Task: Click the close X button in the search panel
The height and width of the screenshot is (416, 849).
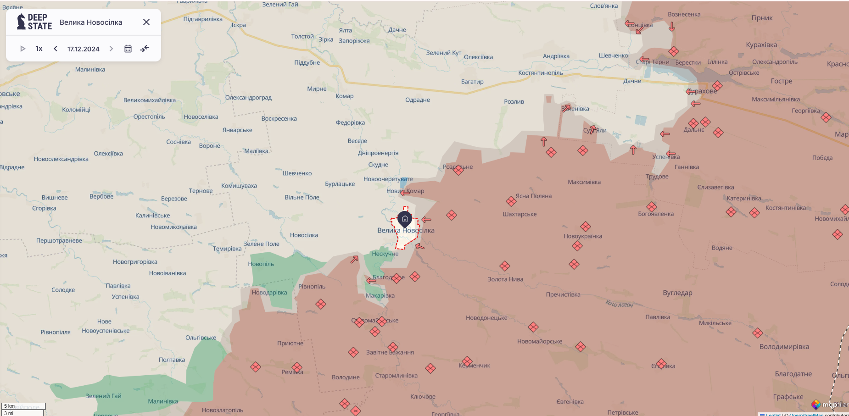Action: click(x=146, y=22)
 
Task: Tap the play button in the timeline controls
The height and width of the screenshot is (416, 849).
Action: click(x=22, y=49)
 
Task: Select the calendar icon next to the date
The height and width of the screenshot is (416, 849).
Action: click(x=128, y=49)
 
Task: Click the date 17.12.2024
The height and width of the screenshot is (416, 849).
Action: click(x=83, y=49)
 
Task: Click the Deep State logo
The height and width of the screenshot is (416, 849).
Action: click(x=34, y=22)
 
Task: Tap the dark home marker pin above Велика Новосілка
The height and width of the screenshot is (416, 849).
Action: click(x=405, y=219)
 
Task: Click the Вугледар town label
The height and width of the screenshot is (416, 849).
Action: click(x=677, y=293)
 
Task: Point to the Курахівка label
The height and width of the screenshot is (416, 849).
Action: click(x=761, y=45)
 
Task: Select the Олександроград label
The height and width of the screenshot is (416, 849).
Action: click(x=248, y=98)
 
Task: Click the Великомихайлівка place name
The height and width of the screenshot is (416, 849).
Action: click(x=149, y=100)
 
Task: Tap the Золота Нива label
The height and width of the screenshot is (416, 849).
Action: click(x=505, y=279)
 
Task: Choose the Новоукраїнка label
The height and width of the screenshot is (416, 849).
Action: click(x=583, y=236)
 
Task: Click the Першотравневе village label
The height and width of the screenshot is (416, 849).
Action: click(x=59, y=240)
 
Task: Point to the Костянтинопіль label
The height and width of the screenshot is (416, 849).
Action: click(x=540, y=73)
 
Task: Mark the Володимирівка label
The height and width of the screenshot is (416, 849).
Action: click(x=784, y=347)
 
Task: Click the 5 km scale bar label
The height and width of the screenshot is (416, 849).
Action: click(x=10, y=406)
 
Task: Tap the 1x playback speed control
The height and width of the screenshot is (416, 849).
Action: click(x=39, y=49)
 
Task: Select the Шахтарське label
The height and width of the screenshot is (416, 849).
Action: click(x=519, y=214)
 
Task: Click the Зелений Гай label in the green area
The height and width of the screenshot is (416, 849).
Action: click(x=103, y=396)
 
